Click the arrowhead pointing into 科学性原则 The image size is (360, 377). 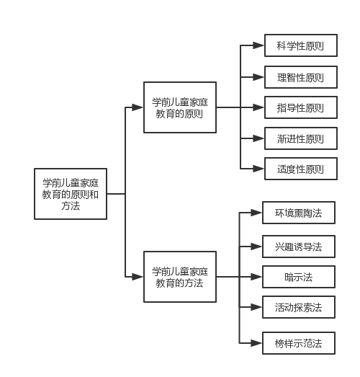click(x=258, y=45)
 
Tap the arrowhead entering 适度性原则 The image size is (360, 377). click(x=258, y=169)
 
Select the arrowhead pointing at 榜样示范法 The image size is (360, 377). click(x=256, y=343)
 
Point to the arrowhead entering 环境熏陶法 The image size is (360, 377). click(x=256, y=213)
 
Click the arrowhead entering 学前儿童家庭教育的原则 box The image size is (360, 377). click(x=138, y=107)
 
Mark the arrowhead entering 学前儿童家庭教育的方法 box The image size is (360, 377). click(x=138, y=277)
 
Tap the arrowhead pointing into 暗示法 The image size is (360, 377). click(x=256, y=277)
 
